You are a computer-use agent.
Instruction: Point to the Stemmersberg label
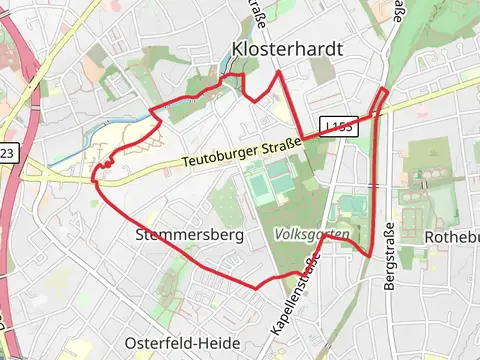(189, 236)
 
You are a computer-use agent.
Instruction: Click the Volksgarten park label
(311, 234)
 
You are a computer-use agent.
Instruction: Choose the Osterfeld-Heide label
(183, 342)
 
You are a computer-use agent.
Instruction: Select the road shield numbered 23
(7, 152)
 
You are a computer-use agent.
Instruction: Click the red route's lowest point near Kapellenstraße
(257, 288)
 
